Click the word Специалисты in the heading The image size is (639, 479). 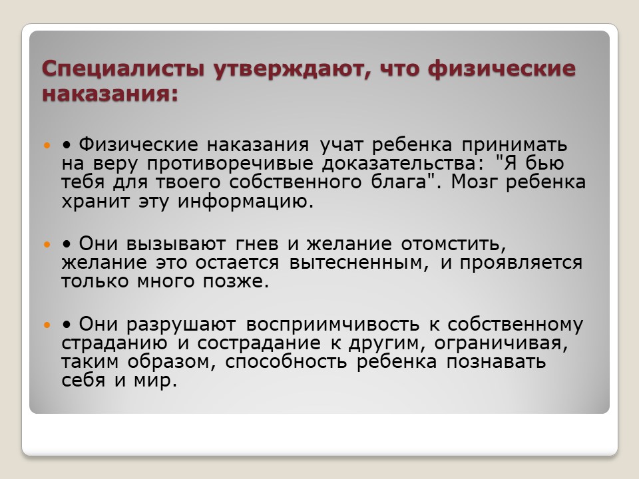tap(122, 69)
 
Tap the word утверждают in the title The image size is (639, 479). tap(292, 69)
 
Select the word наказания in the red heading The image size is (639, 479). tap(110, 93)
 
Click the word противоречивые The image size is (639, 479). tap(230, 164)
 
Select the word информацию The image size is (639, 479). tap(246, 201)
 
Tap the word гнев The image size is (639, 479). tap(257, 244)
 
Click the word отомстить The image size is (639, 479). tap(453, 244)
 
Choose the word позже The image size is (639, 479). tap(236, 281)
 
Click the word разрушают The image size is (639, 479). tap(181, 325)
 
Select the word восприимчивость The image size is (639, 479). tap(333, 325)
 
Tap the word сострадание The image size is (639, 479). tap(259, 343)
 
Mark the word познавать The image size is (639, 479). tap(495, 362)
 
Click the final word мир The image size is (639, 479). tap(155, 381)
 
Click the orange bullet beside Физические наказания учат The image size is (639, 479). tap(47, 145)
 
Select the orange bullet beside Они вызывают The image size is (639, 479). tap(47, 244)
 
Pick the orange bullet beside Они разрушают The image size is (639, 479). tap(47, 325)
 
